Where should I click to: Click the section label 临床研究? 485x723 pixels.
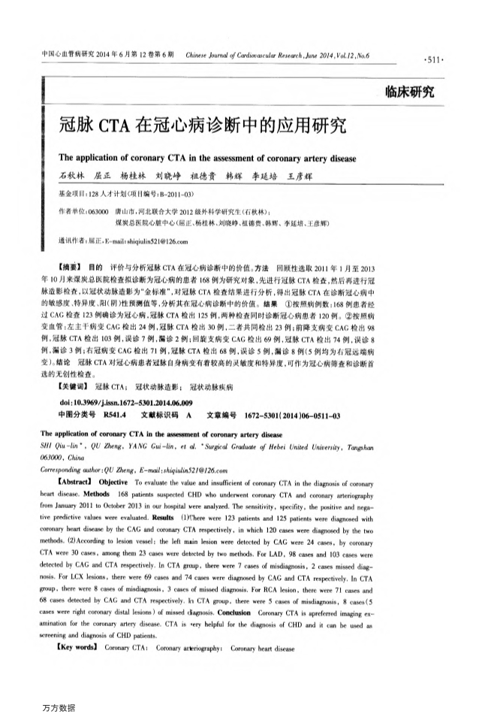(x=408, y=93)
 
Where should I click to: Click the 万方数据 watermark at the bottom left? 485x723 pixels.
(x=59, y=707)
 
